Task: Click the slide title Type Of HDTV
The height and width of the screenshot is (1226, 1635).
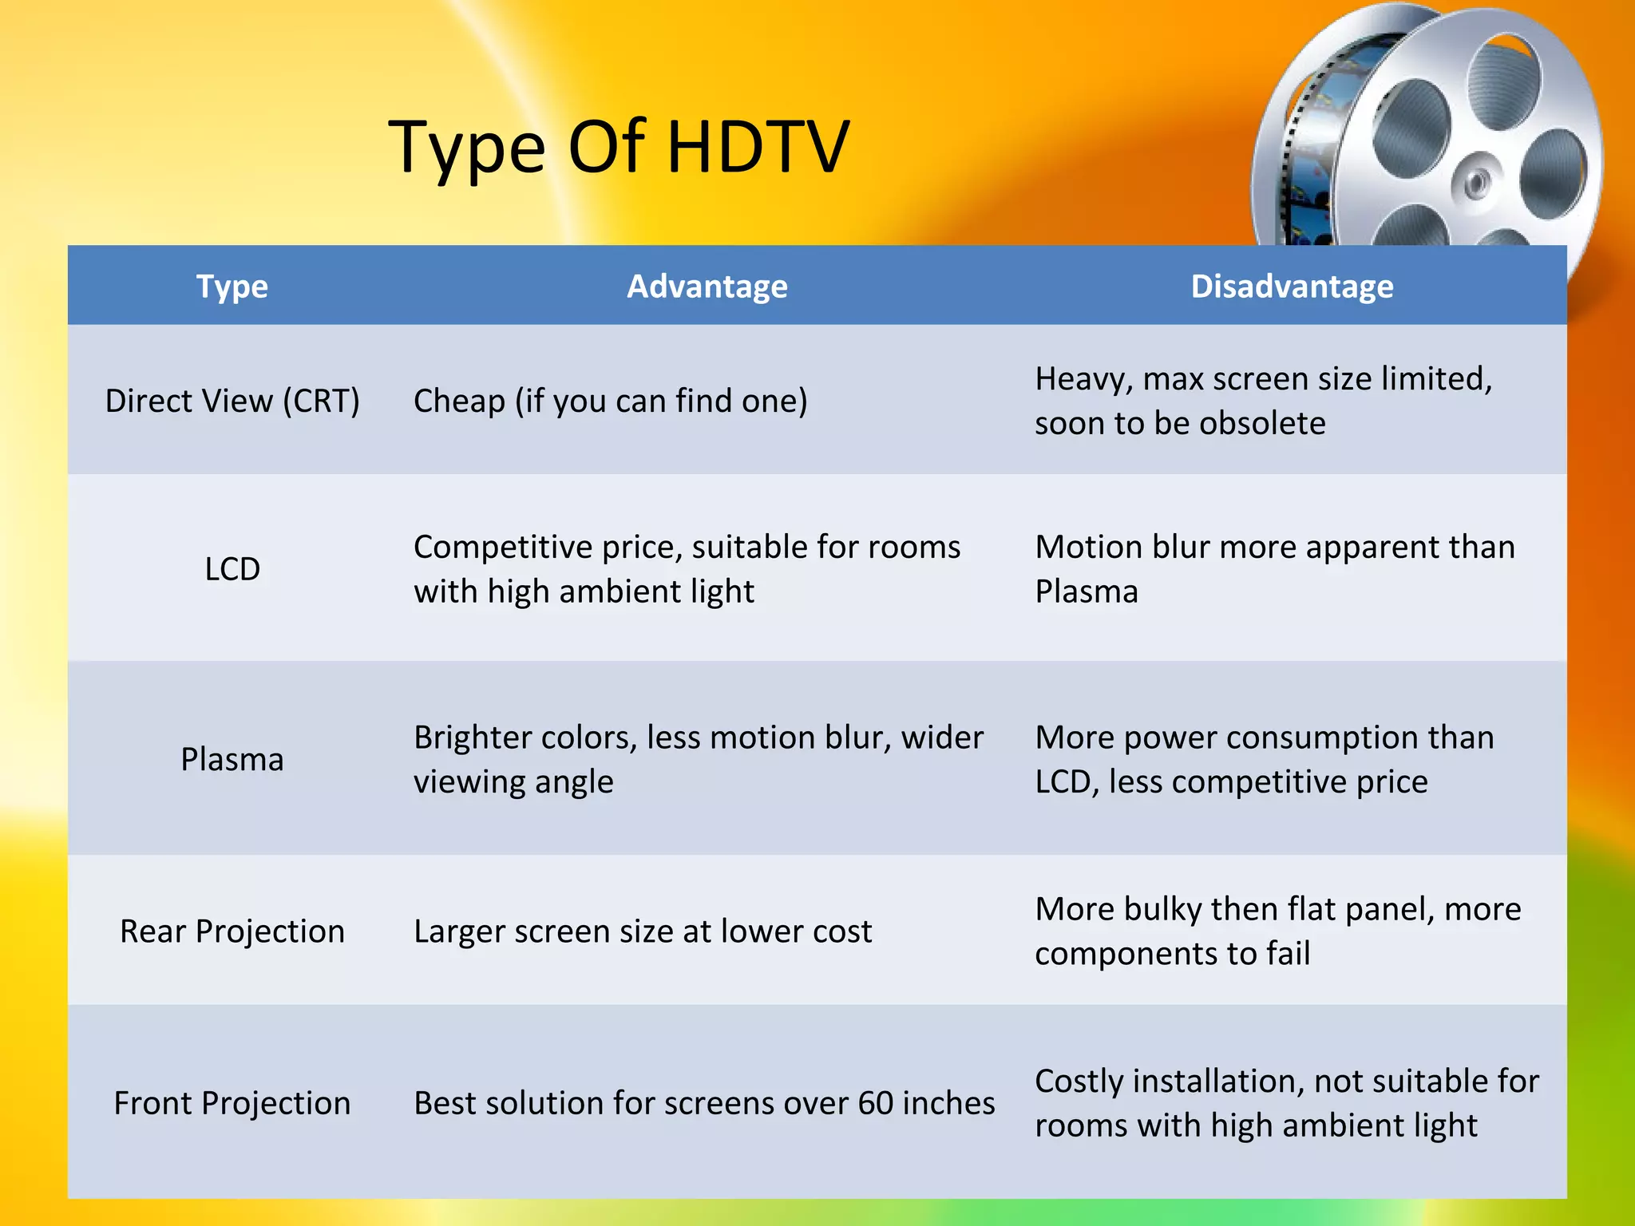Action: [619, 148]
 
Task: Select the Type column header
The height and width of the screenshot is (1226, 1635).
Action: [232, 286]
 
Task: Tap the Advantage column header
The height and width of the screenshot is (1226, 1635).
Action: [707, 286]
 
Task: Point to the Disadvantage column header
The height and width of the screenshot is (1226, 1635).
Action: [1292, 286]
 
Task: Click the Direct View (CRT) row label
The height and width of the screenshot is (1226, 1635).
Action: [232, 401]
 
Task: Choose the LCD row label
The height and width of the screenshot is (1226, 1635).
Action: [232, 569]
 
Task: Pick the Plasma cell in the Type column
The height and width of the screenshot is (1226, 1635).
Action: [232, 759]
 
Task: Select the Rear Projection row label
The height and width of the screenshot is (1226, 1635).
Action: [232, 931]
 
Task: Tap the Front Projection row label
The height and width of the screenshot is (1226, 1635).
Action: [232, 1103]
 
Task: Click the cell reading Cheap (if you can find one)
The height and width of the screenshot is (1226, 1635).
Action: [610, 401]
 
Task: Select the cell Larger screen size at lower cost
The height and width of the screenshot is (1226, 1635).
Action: [642, 931]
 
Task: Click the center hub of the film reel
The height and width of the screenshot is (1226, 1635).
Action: [1476, 182]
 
